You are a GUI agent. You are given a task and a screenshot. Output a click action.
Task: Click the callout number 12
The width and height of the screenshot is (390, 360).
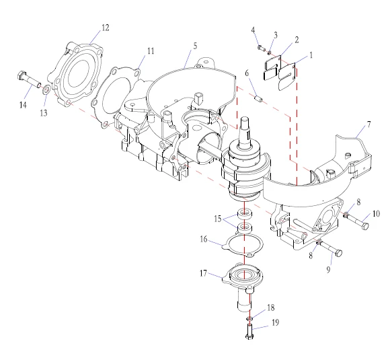pyautogui.click(x=105, y=28)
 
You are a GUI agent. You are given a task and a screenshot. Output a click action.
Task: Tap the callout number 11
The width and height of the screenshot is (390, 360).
pyautogui.click(x=151, y=50)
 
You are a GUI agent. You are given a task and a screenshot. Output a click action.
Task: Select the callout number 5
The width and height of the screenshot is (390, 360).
pyautogui.click(x=195, y=46)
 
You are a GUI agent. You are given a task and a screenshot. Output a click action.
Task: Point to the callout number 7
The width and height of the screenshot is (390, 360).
pyautogui.click(x=368, y=124)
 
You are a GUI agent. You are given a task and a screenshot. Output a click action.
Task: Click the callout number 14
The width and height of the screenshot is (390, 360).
pyautogui.click(x=23, y=105)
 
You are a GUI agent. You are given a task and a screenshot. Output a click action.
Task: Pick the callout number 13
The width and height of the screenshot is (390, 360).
pyautogui.click(x=44, y=113)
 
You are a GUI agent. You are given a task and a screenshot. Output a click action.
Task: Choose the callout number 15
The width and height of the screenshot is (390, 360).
pyautogui.click(x=218, y=219)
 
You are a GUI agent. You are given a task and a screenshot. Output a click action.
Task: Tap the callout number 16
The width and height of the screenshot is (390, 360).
pyautogui.click(x=204, y=240)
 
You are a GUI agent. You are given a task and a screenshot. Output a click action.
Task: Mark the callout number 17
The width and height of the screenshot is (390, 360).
pyautogui.click(x=204, y=273)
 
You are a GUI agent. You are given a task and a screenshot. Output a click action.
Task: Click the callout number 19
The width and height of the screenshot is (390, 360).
pyautogui.click(x=275, y=322)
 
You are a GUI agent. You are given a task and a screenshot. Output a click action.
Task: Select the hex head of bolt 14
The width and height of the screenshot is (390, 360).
pyautogui.click(x=21, y=75)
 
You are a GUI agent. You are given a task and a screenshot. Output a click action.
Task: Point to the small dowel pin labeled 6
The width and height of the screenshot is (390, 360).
pyautogui.click(x=259, y=98)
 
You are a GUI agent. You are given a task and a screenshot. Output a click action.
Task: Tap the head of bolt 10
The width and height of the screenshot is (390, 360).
pyautogui.click(x=365, y=226)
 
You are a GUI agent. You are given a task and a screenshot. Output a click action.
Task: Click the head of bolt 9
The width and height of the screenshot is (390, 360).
pyautogui.click(x=339, y=254)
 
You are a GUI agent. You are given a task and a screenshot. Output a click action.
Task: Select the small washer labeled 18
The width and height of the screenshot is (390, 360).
pyautogui.click(x=249, y=318)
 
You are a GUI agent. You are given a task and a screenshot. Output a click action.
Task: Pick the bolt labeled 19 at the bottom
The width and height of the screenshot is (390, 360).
pyautogui.click(x=249, y=331)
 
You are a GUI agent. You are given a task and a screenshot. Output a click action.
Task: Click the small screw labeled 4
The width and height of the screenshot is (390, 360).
pyautogui.click(x=260, y=47)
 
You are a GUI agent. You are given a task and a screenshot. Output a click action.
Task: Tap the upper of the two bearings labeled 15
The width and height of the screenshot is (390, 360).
pyautogui.click(x=245, y=213)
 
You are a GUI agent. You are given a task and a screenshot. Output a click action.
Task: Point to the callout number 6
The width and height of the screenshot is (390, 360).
pyautogui.click(x=247, y=73)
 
